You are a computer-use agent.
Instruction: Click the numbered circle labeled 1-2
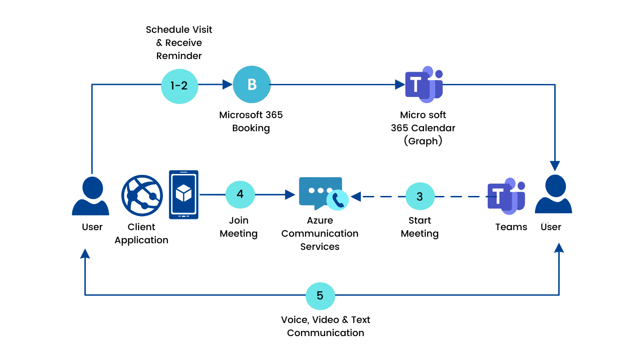179,85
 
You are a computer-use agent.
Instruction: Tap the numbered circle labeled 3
420,196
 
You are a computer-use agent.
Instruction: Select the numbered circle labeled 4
240,194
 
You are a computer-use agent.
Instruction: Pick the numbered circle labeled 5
320,296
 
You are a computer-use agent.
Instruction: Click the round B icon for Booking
252,84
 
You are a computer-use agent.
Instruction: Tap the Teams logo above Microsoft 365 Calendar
424,84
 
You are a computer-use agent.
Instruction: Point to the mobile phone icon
184,195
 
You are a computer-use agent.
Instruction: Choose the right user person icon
553,195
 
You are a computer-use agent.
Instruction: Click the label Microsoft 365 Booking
251,121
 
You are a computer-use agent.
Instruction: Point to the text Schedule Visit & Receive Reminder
179,43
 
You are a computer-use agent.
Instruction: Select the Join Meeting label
238,227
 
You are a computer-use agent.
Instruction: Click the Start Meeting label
420,227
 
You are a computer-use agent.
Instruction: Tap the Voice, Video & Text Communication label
326,326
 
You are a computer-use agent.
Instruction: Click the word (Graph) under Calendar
423,141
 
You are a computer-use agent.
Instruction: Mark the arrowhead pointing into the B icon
228,84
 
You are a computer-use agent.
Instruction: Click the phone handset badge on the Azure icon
338,200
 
